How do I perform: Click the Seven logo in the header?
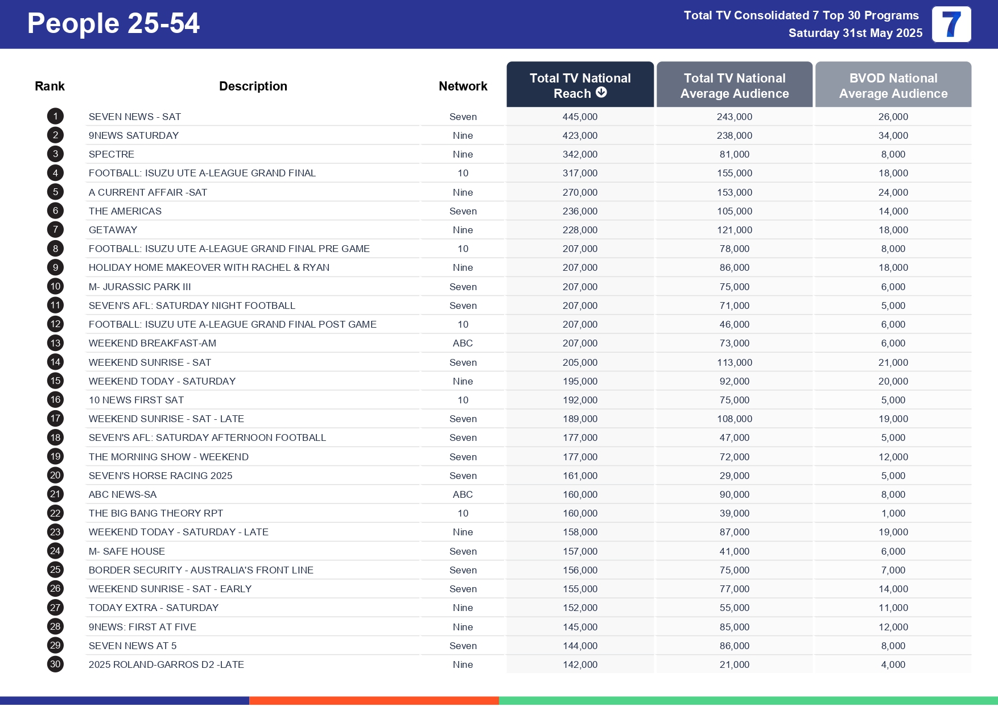coord(951,24)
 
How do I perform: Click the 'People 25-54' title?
coord(113,23)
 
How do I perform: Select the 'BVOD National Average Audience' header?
coord(893,85)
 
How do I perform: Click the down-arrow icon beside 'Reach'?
coord(601,93)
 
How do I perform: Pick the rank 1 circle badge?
coord(55,117)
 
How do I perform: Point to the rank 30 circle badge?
coord(55,664)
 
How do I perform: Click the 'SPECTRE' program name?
coord(112,154)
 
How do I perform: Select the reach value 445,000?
coord(580,117)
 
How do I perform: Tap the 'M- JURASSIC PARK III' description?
coord(140,287)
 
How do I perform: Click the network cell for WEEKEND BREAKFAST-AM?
coord(463,343)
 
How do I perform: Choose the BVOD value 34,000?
coord(893,135)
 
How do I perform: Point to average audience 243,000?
coord(734,117)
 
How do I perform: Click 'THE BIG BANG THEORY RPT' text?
coord(156,513)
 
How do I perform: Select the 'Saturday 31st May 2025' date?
coord(855,33)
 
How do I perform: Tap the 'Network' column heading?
coord(463,86)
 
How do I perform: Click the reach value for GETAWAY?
coord(580,230)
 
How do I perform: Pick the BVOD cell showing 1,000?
coord(893,513)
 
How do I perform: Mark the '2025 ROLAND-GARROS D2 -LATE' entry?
coord(166,664)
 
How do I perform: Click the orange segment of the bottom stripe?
coord(374,701)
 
